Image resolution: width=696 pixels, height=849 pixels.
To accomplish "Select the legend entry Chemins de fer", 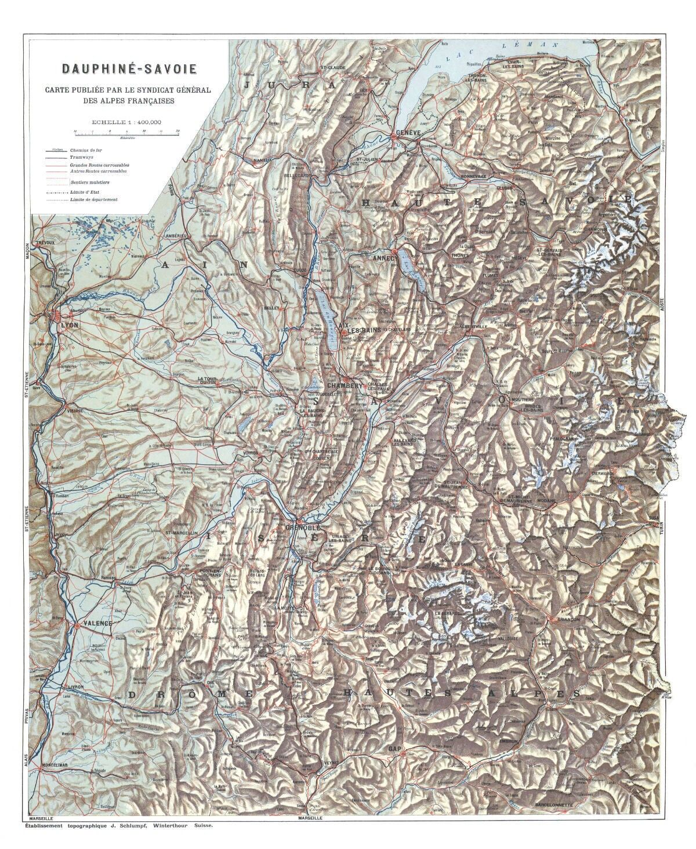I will [86, 150].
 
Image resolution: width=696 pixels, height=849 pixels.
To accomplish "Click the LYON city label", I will [69, 325].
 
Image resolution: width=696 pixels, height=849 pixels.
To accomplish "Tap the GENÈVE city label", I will [408, 133].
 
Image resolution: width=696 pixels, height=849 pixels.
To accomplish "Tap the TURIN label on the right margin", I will [661, 529].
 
